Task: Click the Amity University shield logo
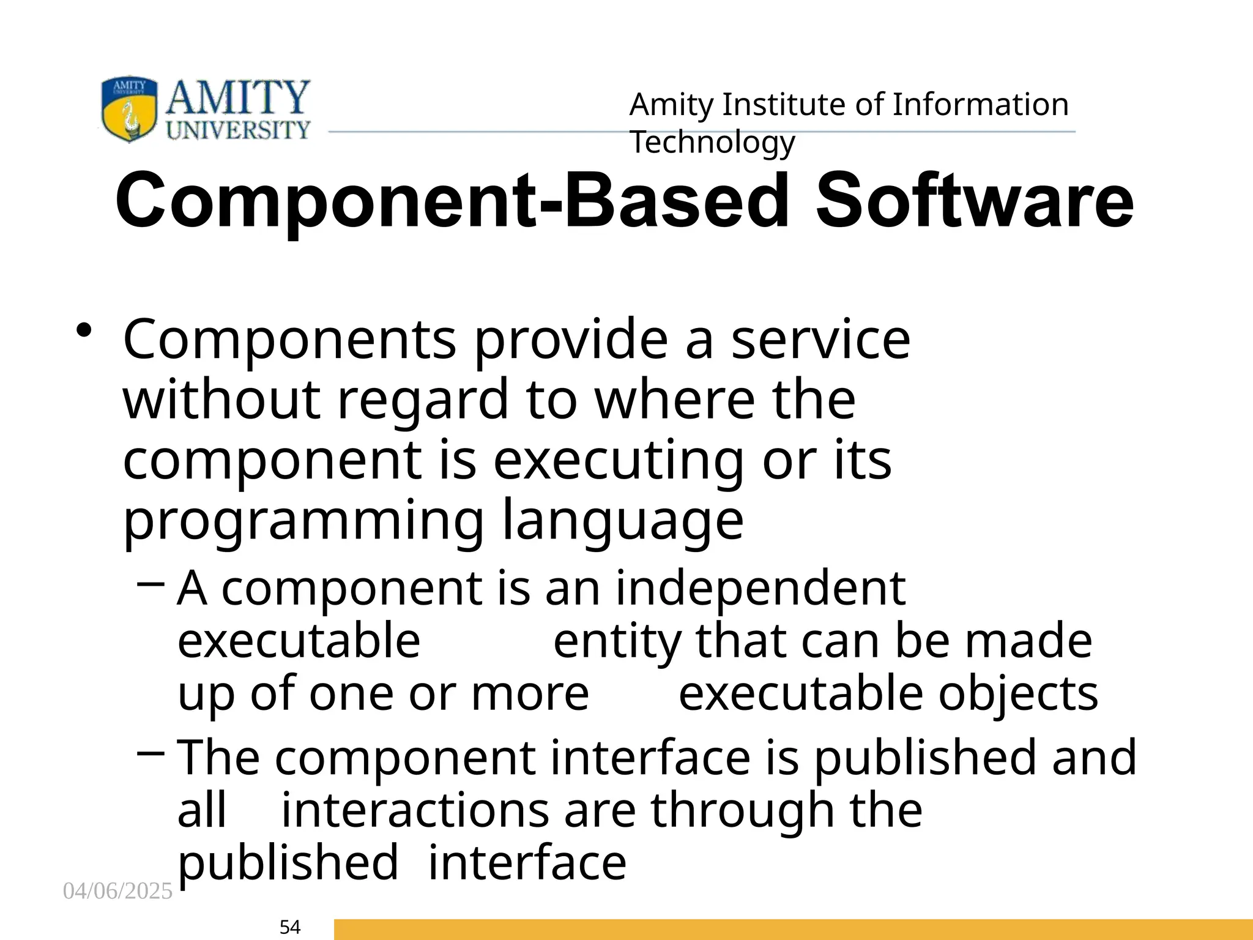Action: pyautogui.click(x=128, y=109)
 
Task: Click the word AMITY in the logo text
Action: pyautogui.click(x=237, y=98)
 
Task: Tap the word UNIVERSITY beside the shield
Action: pyautogui.click(x=239, y=130)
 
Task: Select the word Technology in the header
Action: pyautogui.click(x=712, y=143)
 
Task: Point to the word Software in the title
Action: pyautogui.click(x=975, y=201)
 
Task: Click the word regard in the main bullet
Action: pyautogui.click(x=423, y=400)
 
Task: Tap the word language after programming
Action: pyautogui.click(x=623, y=521)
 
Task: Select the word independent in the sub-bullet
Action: pyautogui.click(x=760, y=589)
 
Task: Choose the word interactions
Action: pyautogui.click(x=415, y=810)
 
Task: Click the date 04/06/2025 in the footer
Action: pyautogui.click(x=118, y=891)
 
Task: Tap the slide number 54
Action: pyautogui.click(x=290, y=927)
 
